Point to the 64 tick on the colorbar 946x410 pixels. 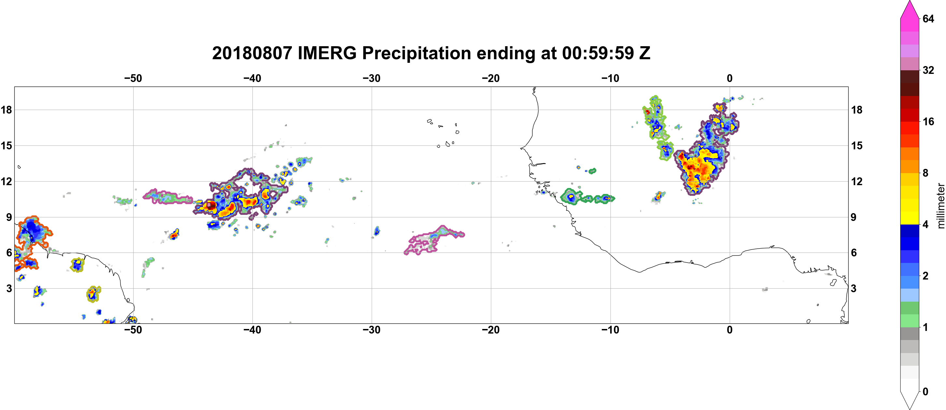tap(928, 19)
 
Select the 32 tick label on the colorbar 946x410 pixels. tap(928, 70)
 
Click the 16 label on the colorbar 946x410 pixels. tap(928, 121)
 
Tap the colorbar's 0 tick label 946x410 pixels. tap(925, 392)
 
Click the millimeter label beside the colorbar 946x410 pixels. tap(941, 206)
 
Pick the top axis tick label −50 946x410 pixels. tap(133, 78)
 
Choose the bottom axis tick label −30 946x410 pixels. tap(372, 330)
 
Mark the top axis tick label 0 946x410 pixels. tap(730, 78)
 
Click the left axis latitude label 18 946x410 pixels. tap(6, 110)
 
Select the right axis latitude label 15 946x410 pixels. tap(857, 145)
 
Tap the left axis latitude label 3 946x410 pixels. tap(9, 288)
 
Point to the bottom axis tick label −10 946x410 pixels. tap(610, 330)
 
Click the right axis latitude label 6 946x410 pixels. tap(854, 253)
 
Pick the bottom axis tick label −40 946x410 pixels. tap(252, 330)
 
